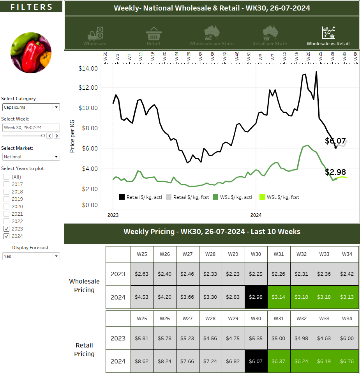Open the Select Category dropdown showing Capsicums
pyautogui.click(x=31, y=107)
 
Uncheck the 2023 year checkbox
pyautogui.click(x=7, y=229)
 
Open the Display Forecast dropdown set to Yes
pyautogui.click(x=31, y=256)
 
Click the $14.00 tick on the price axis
pyautogui.click(x=88, y=69)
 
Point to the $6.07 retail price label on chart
pyautogui.click(x=335, y=141)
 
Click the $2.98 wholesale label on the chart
pyautogui.click(x=335, y=172)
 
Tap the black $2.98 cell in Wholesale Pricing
pyautogui.click(x=256, y=297)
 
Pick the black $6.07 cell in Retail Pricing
pyautogui.click(x=256, y=361)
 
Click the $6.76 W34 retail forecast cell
pyautogui.click(x=347, y=361)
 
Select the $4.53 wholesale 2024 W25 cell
pyautogui.click(x=142, y=297)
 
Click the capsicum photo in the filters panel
pyautogui.click(x=31, y=53)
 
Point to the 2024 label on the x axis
pyautogui.click(x=256, y=215)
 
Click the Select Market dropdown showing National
pyautogui.click(x=31, y=157)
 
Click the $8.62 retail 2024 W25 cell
pyautogui.click(x=142, y=361)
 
